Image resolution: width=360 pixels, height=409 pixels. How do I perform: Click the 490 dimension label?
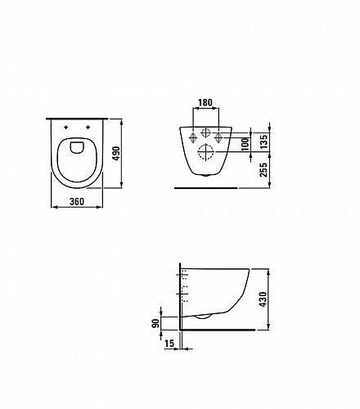tap(116, 153)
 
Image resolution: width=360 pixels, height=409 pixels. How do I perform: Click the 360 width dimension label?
tap(77, 201)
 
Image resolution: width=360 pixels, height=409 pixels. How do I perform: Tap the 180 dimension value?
tap(205, 102)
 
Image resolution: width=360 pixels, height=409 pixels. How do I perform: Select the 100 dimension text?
tap(245, 144)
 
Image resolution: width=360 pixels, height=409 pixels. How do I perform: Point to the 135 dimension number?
tap(263, 142)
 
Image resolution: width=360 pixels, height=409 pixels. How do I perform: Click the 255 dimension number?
tap(263, 169)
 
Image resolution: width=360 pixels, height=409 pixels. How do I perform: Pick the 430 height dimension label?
tap(263, 299)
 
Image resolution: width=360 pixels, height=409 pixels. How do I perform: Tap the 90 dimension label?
tap(155, 323)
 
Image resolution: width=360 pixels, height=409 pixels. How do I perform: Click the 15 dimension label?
tap(169, 344)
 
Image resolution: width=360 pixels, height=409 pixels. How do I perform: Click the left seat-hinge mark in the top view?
tap(65, 127)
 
